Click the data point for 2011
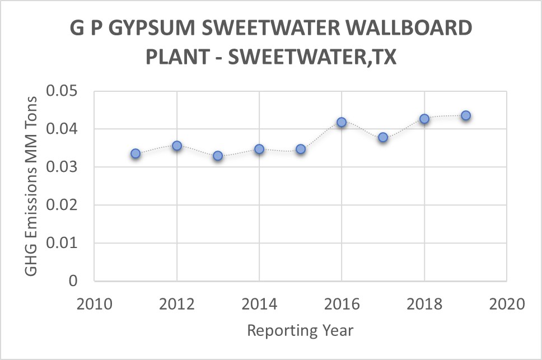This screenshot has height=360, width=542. tap(135, 153)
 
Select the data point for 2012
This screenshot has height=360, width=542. tap(177, 146)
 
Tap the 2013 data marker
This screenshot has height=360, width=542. tap(218, 156)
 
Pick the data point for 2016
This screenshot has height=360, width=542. tap(342, 122)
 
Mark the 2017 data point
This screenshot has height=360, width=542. tap(383, 137)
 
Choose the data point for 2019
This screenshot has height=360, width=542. tap(465, 115)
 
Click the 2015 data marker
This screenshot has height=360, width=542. tap(301, 149)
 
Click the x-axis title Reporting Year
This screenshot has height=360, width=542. tap(300, 330)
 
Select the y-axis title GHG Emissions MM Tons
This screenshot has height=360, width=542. tap(32, 186)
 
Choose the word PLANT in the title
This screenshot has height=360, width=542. tap(181, 58)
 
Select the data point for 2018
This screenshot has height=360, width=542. tap(424, 119)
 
